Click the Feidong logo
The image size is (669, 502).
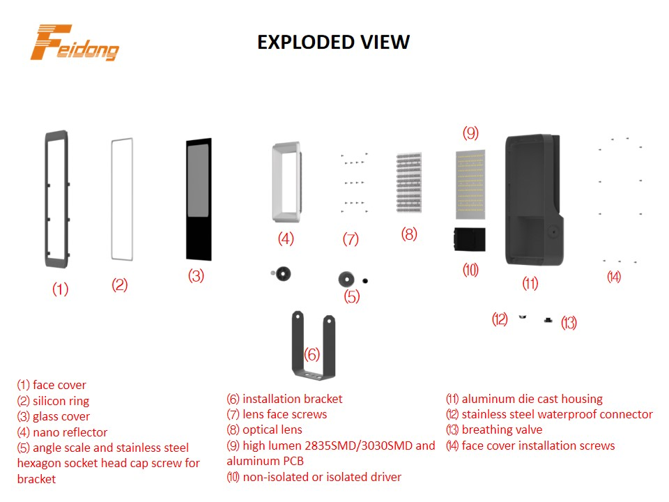pos(75,44)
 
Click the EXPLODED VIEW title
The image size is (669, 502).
pos(333,43)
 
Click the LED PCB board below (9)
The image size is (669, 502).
pos(472,183)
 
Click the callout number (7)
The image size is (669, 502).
pos(350,240)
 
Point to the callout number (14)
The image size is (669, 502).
pos(613,277)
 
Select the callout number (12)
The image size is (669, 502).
pos(500,319)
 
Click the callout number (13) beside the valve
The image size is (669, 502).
pos(569,323)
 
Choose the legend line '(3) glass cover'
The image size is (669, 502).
pos(54,416)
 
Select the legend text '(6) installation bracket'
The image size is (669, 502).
pos(284,399)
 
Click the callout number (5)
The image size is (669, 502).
pos(353,296)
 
